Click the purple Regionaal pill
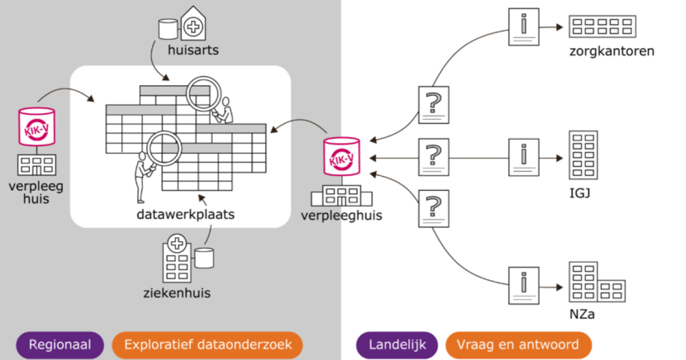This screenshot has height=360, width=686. click(61, 345)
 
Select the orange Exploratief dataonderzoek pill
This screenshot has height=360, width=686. click(208, 345)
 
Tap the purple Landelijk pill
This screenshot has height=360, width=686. click(397, 345)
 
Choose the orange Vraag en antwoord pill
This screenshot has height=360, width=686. click(519, 345)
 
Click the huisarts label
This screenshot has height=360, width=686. click(193, 51)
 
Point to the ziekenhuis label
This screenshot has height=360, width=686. click(177, 294)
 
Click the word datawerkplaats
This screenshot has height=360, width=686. click(178, 215)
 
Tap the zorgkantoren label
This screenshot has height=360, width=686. click(612, 52)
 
